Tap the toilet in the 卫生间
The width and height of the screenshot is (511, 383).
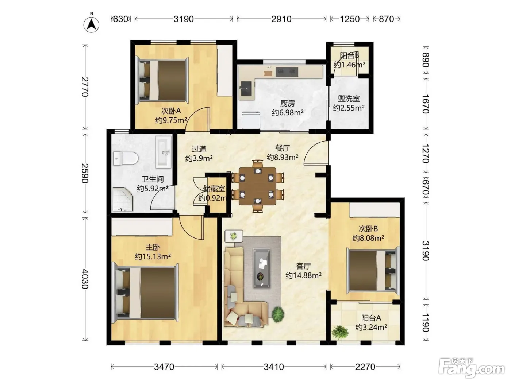[x=126, y=159]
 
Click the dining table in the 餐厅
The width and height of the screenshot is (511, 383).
[x=257, y=186]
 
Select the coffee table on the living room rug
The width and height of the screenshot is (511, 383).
[x=262, y=268]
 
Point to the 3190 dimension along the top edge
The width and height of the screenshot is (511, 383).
[x=184, y=19]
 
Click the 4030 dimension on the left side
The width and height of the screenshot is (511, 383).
[x=85, y=279]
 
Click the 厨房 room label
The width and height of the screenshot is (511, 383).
[x=288, y=103]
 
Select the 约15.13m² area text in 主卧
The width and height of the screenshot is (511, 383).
[x=153, y=256]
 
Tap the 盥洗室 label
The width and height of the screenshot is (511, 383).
[x=349, y=98]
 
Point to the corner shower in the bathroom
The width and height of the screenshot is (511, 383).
[x=123, y=200]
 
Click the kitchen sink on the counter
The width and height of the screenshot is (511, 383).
[x=246, y=89]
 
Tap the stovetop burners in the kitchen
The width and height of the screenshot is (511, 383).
[x=287, y=72]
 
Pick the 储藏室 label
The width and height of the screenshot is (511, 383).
[x=214, y=189]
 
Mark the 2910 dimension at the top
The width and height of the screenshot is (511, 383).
[x=281, y=19]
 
